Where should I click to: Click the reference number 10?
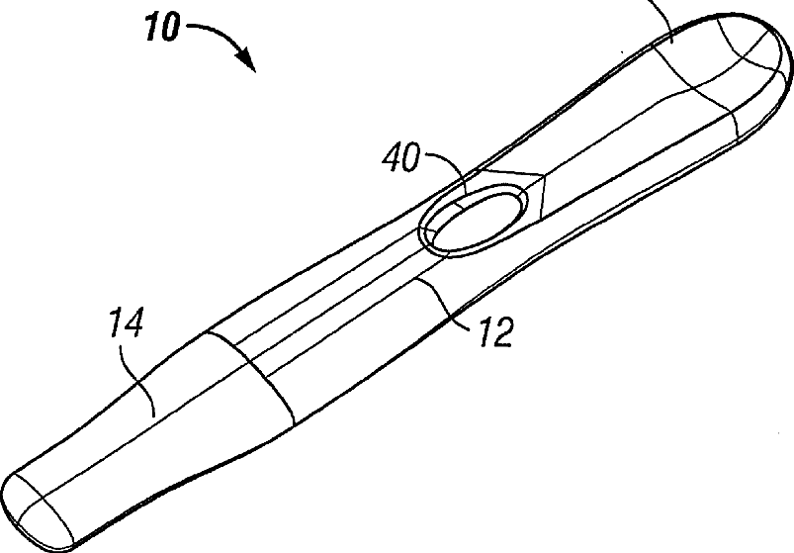[162, 27]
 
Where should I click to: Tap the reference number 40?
[401, 157]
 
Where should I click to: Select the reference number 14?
[127, 323]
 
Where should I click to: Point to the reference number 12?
[496, 331]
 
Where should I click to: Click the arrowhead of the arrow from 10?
[248, 59]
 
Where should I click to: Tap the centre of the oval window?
[475, 222]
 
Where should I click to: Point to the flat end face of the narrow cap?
[37, 511]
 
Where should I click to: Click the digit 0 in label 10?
[170, 27]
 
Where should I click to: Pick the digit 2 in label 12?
[503, 332]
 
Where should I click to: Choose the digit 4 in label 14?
[133, 323]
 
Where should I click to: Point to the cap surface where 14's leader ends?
[155, 416]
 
